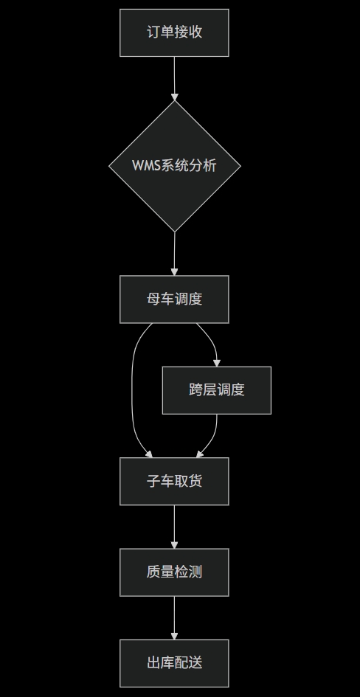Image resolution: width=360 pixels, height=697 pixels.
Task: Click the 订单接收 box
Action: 174,32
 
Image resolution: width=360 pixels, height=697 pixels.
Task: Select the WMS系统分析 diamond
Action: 174,166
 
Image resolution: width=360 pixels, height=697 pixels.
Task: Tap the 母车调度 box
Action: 174,299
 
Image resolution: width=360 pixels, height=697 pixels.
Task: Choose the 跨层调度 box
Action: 216,390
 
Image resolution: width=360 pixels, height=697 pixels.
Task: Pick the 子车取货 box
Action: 174,481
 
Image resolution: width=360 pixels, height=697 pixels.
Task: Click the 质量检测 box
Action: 174,572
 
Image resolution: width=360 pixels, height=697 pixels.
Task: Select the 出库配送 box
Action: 174,663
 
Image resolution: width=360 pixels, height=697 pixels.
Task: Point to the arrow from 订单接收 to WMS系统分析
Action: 175,77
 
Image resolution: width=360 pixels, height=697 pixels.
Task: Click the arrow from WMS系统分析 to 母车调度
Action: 175,253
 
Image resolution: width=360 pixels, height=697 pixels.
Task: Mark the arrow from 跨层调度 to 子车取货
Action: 212,438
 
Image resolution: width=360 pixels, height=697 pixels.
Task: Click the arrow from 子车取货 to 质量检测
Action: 175,526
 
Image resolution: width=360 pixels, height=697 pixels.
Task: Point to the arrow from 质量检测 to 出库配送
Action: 175,617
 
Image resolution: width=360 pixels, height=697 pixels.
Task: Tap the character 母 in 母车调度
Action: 153,299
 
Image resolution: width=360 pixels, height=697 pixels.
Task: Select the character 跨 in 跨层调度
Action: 195,390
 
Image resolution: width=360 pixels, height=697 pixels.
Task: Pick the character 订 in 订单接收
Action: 153,32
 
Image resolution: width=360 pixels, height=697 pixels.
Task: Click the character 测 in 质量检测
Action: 195,572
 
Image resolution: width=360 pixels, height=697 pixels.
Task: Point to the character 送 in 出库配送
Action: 195,663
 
